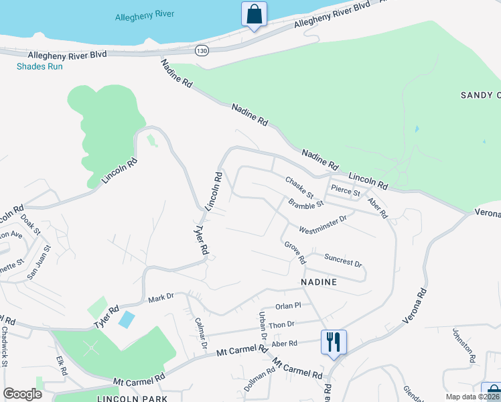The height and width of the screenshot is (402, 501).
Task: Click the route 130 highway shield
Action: coord(202,50)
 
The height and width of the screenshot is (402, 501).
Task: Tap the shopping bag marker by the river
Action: coord(254,15)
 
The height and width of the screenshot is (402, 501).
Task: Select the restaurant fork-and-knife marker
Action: coord(333,343)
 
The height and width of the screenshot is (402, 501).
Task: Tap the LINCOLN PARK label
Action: coord(132,398)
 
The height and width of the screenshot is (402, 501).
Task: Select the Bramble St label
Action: coord(306,203)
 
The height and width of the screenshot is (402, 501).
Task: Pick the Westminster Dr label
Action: coord(323,224)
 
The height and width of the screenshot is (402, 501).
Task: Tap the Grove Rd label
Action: coord(295,253)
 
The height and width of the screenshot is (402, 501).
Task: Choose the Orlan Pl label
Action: coord(289,306)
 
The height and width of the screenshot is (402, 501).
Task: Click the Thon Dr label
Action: coord(281,324)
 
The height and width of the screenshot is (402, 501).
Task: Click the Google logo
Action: coord(22,393)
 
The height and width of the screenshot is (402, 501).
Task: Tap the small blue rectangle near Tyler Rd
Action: coord(126,319)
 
